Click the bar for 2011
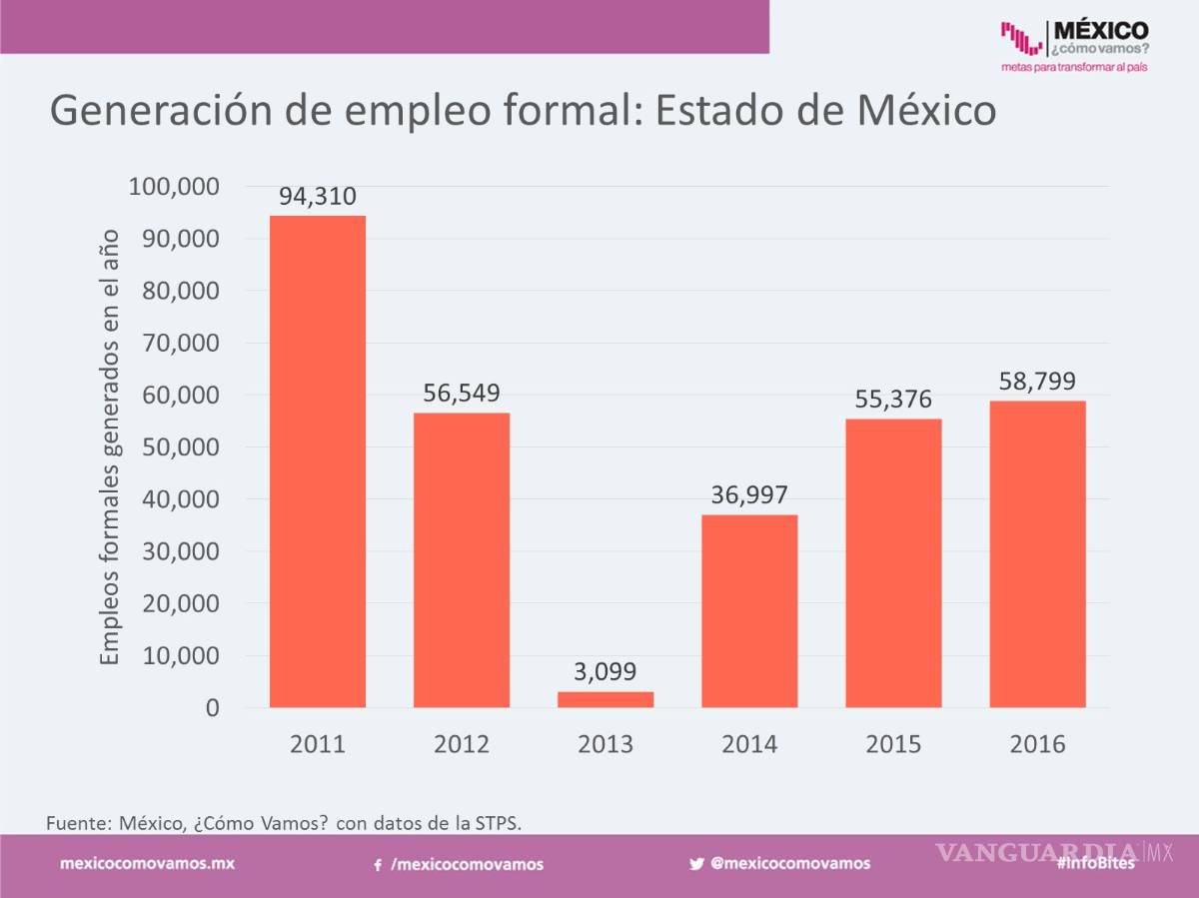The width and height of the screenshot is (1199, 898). click(x=318, y=461)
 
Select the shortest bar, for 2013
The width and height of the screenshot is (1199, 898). click(x=605, y=699)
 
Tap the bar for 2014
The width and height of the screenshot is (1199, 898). click(x=749, y=611)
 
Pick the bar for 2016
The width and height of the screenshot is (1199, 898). click(x=1037, y=554)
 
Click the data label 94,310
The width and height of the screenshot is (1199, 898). click(x=318, y=197)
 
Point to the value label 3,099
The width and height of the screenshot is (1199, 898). click(x=605, y=671)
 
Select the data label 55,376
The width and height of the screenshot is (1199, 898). click(x=893, y=400)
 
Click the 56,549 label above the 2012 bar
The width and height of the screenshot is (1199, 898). click(x=462, y=393)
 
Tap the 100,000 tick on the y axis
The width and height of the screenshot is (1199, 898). click(x=174, y=187)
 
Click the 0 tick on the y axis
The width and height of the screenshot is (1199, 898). click(x=212, y=708)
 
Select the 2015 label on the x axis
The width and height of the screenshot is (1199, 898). click(x=893, y=745)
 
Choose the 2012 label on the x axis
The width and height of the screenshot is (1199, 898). click(x=462, y=745)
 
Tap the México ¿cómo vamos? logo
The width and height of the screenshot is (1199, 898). click(x=1075, y=45)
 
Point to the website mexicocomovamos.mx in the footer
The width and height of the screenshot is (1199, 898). click(x=148, y=864)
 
